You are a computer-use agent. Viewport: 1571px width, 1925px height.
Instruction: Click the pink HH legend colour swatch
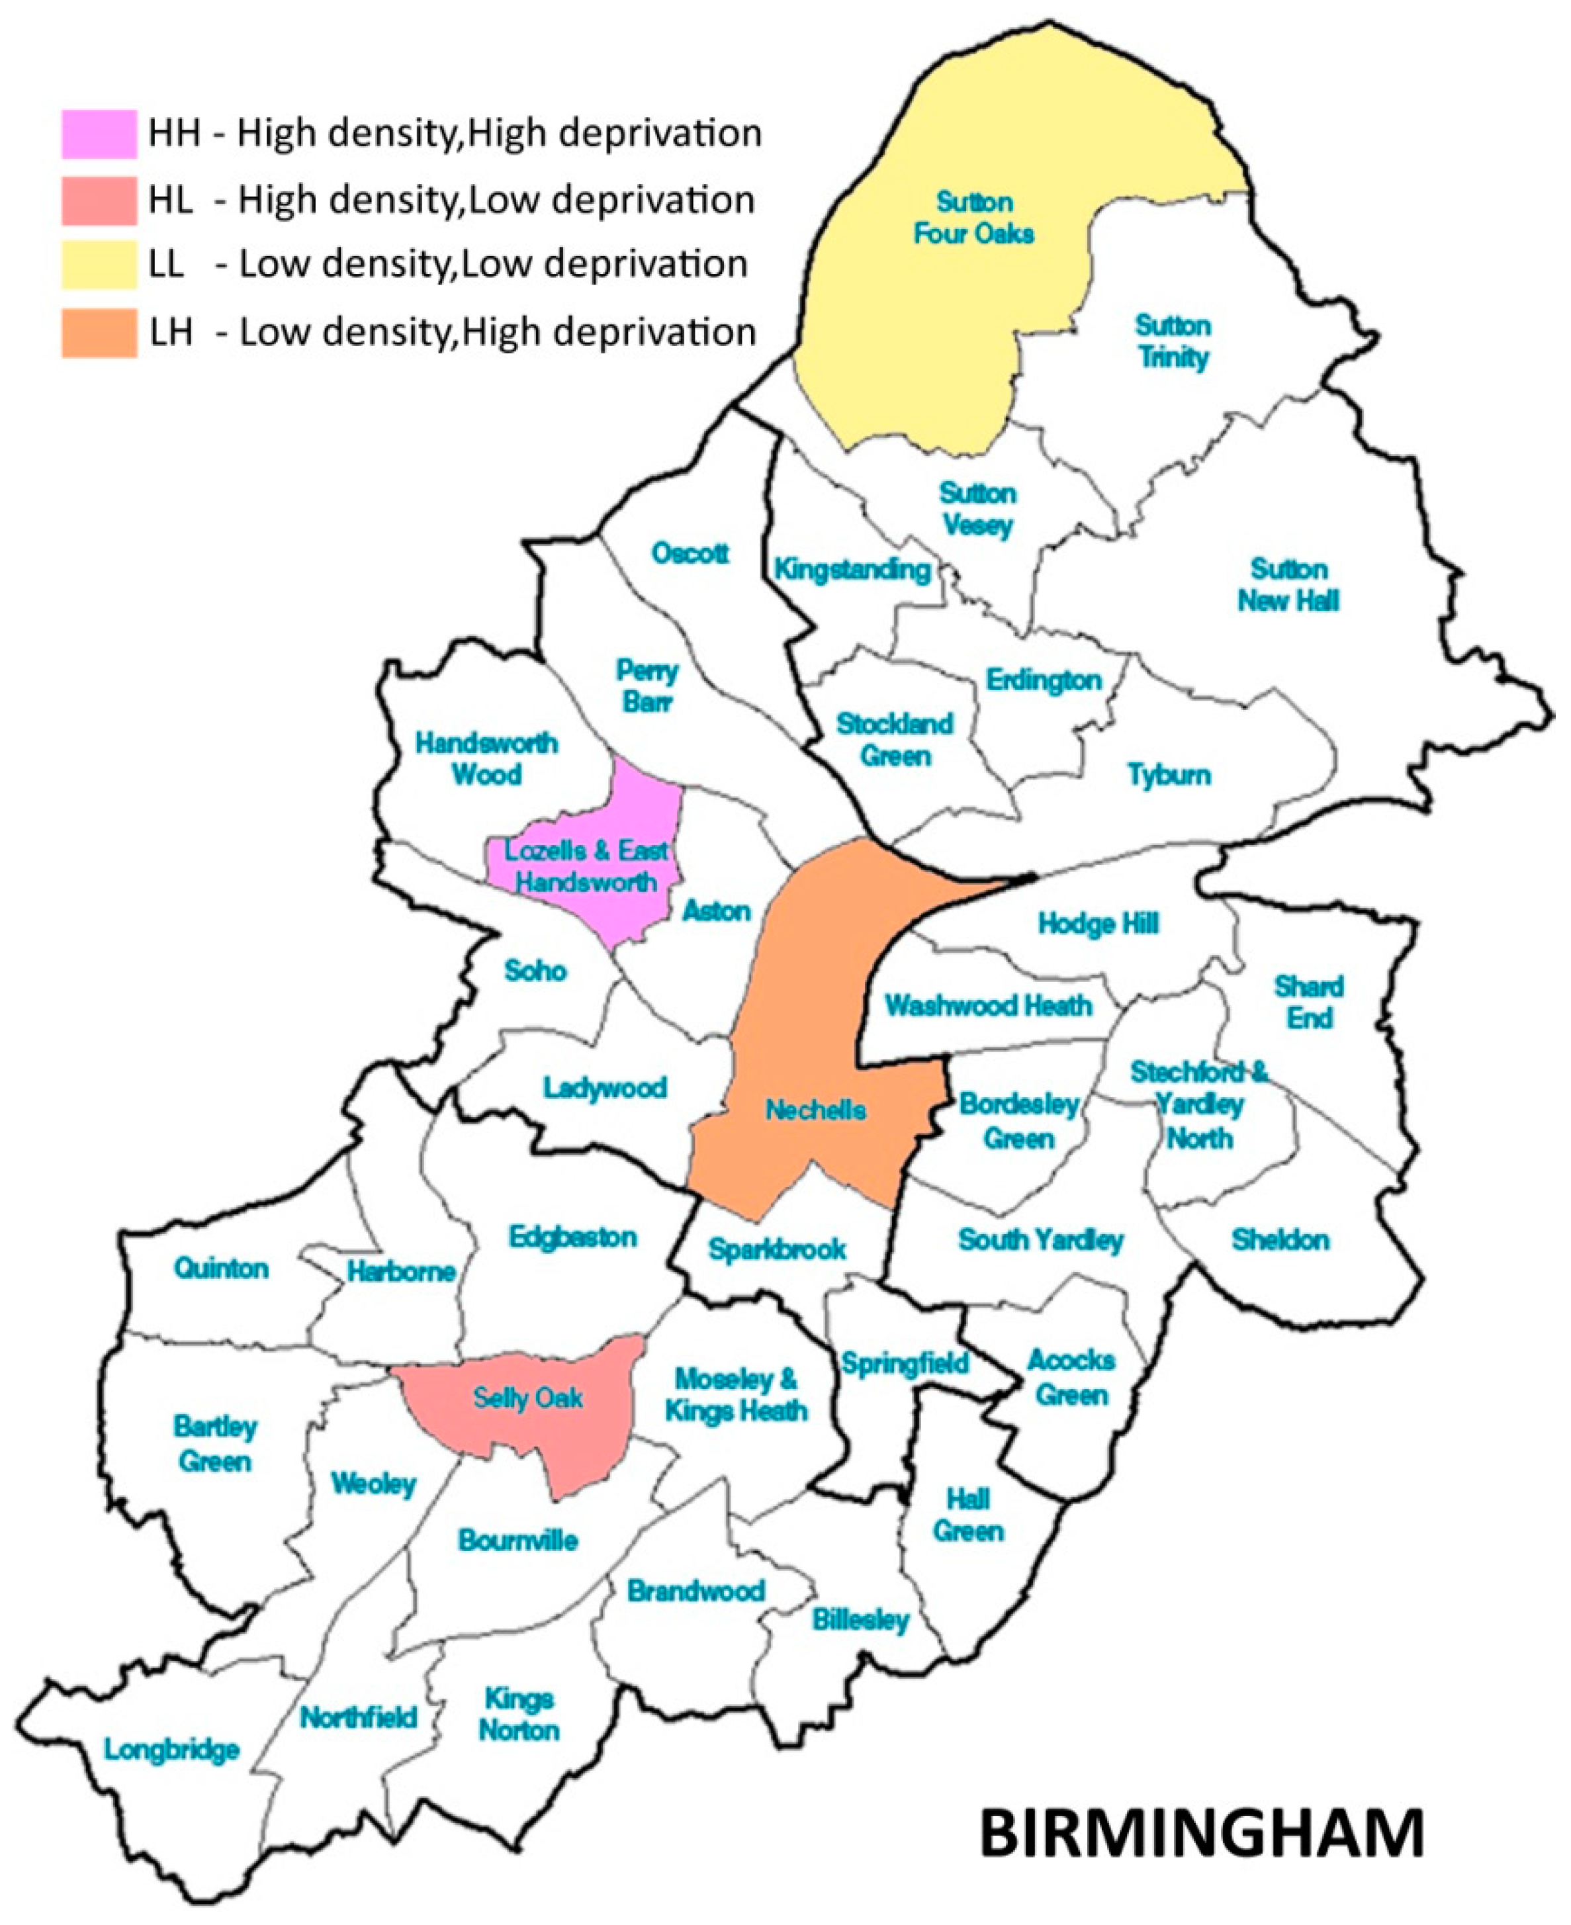99,134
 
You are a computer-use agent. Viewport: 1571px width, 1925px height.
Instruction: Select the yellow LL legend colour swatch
99,264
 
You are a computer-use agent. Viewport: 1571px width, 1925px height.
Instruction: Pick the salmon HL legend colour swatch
99,200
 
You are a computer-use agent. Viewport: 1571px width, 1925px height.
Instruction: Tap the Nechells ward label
815,1110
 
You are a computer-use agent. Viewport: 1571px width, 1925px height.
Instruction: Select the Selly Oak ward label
527,1398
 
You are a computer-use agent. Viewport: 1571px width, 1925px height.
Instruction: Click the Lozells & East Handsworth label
586,866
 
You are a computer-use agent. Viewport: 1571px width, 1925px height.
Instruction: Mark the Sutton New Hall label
1288,585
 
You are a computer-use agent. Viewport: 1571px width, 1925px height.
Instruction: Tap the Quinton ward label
222,1268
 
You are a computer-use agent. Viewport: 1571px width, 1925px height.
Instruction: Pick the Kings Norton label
519,1715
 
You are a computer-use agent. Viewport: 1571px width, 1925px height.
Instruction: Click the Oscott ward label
690,553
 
